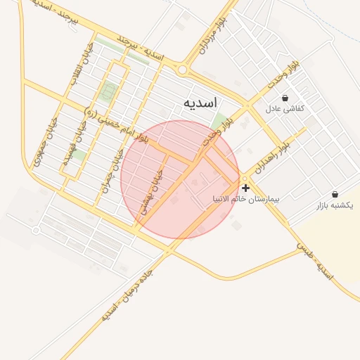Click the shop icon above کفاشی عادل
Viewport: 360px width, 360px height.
[285, 98]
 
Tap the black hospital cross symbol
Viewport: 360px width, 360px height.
[245, 188]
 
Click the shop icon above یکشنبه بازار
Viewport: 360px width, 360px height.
[334, 194]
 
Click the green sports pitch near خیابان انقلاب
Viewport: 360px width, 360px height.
[108, 91]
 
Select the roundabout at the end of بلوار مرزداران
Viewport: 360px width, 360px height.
[183, 70]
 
